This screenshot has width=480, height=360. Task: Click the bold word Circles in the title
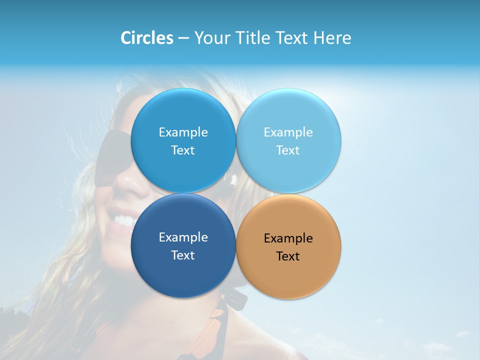tap(146, 38)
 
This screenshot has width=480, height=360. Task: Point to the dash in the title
tap(183, 38)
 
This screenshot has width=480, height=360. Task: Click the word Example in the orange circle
tap(288, 238)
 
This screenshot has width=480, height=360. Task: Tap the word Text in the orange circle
tap(288, 256)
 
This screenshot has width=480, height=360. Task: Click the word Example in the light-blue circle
tap(288, 132)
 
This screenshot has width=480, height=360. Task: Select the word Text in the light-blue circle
tap(288, 150)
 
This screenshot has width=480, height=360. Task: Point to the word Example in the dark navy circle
tap(183, 237)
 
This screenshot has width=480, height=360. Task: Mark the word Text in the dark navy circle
tap(183, 255)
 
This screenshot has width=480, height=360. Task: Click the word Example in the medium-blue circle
tap(183, 132)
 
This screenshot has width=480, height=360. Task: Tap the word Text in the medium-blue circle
tap(183, 150)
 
